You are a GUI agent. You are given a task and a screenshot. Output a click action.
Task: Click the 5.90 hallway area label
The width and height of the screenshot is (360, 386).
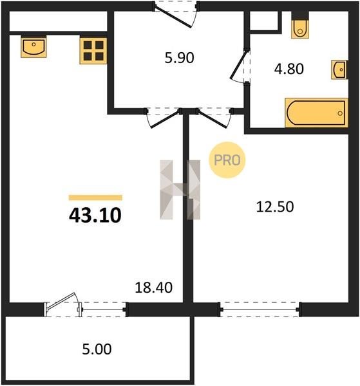(179, 58)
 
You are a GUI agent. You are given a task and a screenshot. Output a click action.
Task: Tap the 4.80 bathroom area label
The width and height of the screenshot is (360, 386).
(289, 69)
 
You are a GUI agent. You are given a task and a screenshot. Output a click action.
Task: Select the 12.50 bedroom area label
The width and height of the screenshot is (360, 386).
(275, 207)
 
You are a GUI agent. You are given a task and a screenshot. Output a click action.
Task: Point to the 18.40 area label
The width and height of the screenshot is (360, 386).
(153, 288)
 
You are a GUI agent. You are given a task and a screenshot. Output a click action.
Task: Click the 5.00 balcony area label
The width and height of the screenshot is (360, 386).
(97, 349)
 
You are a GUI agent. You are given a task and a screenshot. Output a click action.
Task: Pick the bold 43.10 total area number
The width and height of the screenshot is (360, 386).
(95, 215)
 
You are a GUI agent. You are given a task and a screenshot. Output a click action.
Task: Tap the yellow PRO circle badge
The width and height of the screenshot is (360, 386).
(227, 160)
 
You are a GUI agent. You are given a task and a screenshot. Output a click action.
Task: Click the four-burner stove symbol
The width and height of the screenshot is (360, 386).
(93, 51)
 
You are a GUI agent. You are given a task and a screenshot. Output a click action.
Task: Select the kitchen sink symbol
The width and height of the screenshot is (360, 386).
(33, 46)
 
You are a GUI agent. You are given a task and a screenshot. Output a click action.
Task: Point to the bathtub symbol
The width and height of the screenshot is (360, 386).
(316, 113)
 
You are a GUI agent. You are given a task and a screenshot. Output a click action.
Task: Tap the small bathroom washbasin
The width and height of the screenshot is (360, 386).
(339, 69)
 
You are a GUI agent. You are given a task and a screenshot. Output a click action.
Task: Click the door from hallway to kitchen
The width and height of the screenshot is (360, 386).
(164, 118)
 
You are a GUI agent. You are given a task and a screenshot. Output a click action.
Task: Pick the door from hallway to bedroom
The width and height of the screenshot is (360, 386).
(213, 118)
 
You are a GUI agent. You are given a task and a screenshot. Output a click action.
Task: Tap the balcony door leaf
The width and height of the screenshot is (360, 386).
(61, 300)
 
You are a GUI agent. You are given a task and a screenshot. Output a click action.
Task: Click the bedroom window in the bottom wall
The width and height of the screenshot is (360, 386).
(260, 309)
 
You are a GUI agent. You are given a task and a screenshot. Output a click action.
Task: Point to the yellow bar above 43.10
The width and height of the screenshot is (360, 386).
(95, 198)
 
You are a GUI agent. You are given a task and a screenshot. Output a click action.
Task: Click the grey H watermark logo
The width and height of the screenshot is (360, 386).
(180, 190)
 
